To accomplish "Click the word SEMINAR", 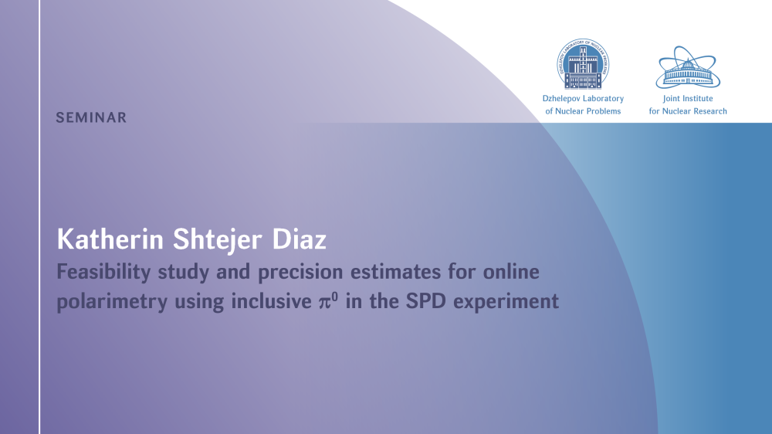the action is click(x=91, y=117).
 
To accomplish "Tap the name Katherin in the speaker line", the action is click(x=110, y=240).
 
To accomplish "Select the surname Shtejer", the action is click(x=217, y=241).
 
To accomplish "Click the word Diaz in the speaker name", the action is click(x=300, y=240).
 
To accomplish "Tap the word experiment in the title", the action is click(x=506, y=302).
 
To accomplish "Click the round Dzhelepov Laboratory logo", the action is click(x=583, y=64).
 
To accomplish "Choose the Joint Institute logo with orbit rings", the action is click(x=688, y=67).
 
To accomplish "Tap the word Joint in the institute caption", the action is click(x=672, y=99).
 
